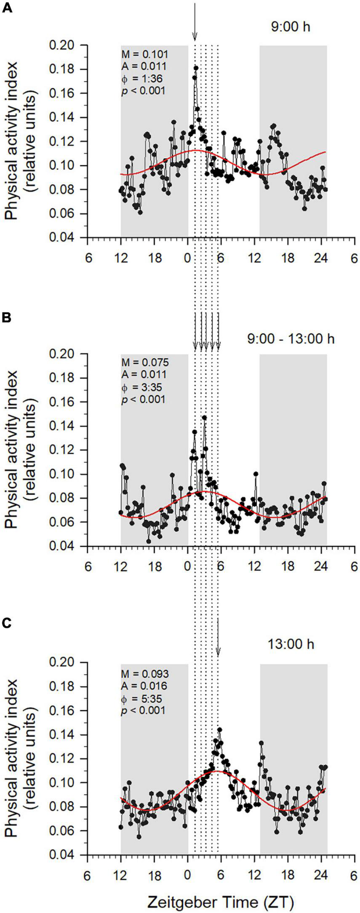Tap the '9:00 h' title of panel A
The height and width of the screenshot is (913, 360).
[290, 28]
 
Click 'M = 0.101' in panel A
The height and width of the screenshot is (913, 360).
[144, 54]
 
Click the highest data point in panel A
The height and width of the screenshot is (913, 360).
[196, 68]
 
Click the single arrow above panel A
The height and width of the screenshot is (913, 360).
[195, 21]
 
